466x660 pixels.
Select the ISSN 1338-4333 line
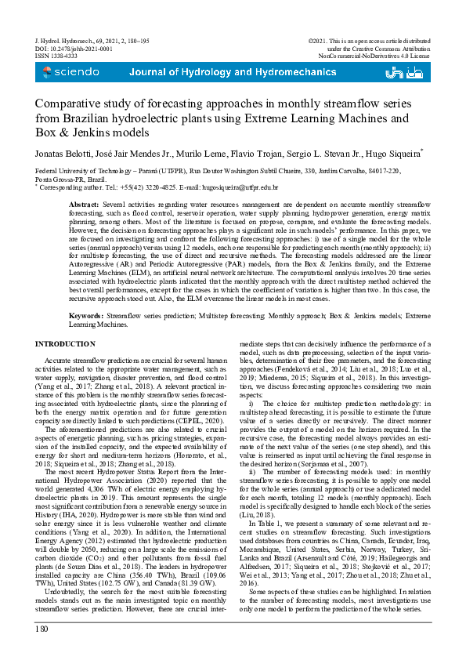click(56, 56)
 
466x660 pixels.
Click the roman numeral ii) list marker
click(252, 472)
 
